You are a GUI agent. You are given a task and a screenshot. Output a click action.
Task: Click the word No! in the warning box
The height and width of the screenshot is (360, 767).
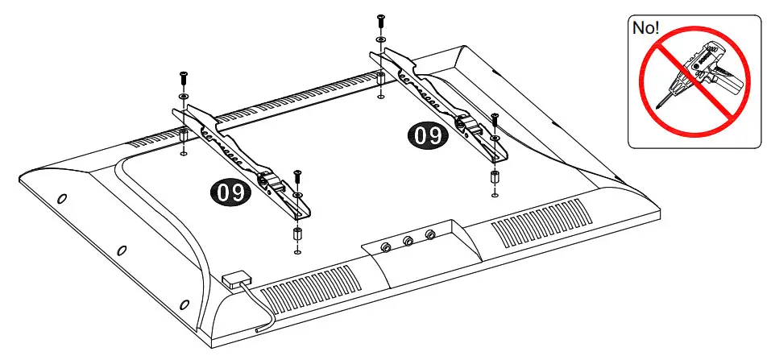647,27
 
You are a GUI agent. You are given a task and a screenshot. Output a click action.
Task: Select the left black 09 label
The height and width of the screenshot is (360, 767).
229,192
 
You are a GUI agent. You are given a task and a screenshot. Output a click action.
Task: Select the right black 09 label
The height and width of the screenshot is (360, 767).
426,134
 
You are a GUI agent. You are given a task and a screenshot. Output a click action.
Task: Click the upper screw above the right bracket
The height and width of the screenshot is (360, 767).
379,20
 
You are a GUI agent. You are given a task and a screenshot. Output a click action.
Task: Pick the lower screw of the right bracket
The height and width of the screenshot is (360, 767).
495,121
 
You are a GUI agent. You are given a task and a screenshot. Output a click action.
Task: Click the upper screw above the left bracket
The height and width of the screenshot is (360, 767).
183,78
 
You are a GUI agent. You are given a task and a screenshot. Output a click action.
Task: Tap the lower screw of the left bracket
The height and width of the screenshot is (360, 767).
297,176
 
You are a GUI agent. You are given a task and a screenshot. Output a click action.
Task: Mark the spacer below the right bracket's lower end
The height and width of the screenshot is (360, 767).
494,178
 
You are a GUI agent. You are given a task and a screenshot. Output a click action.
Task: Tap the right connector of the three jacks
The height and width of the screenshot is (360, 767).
430,235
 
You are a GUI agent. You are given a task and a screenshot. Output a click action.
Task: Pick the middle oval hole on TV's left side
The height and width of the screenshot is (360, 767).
121,250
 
